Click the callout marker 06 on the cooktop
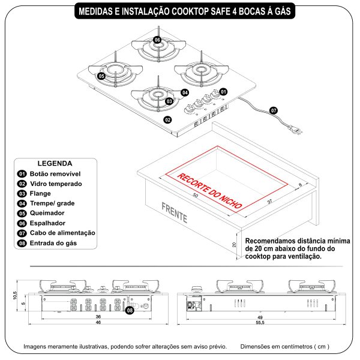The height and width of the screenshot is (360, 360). (x=157, y=40)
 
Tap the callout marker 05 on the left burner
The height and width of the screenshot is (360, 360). (x=101, y=76)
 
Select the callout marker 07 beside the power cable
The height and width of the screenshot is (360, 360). (x=273, y=111)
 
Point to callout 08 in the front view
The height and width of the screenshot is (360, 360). (x=130, y=310)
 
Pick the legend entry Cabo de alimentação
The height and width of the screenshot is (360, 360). (x=62, y=233)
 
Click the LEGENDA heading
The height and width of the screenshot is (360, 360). (x=55, y=163)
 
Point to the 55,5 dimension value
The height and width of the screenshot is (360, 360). (x=260, y=323)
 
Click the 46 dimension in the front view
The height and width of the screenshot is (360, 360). (x=98, y=323)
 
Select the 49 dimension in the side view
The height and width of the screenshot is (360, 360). (x=260, y=317)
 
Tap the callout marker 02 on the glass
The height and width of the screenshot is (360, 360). (x=168, y=119)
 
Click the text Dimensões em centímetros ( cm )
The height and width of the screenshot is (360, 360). (x=284, y=346)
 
